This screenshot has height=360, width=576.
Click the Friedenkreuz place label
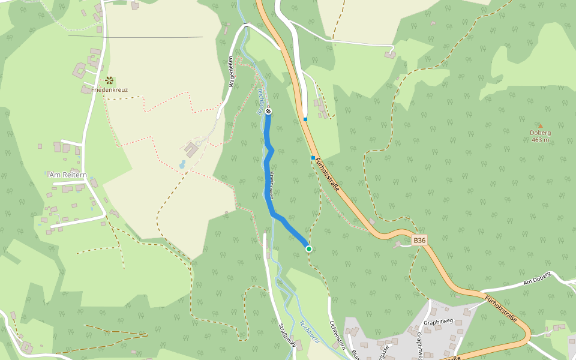(x=109, y=90)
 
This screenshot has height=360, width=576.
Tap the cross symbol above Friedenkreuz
(x=109, y=80)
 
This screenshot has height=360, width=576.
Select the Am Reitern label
(x=68, y=175)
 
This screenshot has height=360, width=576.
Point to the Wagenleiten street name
(x=230, y=71)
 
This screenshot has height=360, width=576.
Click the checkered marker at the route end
(x=268, y=111)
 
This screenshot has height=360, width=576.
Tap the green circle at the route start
(x=309, y=248)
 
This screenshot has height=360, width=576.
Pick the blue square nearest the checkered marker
(x=305, y=119)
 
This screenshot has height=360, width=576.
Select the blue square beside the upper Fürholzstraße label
(x=313, y=158)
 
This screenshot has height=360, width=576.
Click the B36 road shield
(x=419, y=241)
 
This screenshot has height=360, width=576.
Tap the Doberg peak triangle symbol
(x=540, y=126)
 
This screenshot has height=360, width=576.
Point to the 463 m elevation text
(x=540, y=140)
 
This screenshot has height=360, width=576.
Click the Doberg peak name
(x=540, y=133)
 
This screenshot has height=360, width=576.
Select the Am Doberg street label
(x=536, y=280)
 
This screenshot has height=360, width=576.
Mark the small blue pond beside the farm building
(x=182, y=164)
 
